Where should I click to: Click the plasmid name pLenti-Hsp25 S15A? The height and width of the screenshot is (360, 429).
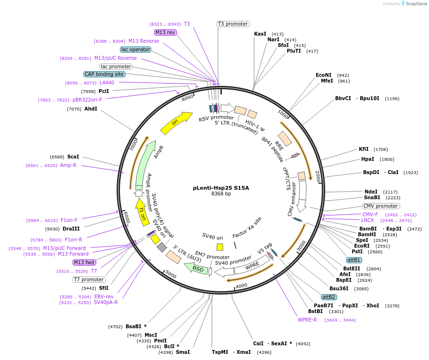pos(221,188)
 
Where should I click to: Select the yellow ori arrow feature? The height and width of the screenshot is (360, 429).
pos(176,123)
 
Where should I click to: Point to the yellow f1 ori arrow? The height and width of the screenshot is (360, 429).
pos(141,210)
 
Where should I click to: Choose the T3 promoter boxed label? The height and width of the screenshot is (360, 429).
pos(233,24)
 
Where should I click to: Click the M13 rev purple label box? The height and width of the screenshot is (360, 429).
pos(165,32)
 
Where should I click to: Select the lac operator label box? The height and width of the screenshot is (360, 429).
pos(136,49)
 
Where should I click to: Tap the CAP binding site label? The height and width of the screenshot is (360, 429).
pos(104,74)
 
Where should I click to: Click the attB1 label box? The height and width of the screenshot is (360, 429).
pos(354,260)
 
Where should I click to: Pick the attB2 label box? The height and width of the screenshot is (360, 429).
pos(329,297)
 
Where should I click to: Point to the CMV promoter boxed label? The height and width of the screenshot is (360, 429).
pos(381,206)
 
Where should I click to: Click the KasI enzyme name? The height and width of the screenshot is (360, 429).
pos(260,34)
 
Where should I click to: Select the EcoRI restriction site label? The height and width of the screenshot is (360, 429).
pos(362,246)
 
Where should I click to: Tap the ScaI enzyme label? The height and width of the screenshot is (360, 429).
pos(73,157)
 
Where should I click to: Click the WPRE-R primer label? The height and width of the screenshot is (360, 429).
pos(307,320)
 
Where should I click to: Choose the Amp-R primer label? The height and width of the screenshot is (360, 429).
pos(68,165)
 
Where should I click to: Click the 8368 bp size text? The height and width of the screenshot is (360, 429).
pos(221,194)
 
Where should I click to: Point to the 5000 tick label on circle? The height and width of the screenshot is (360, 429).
pos(171,275)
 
